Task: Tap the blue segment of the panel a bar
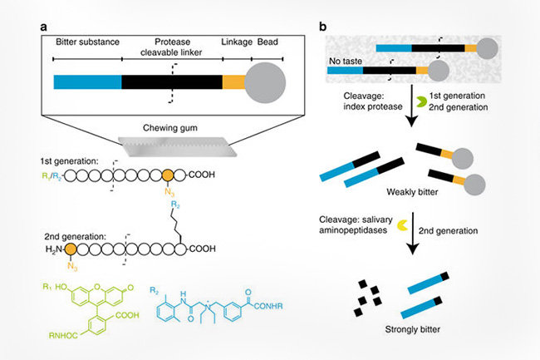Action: click(87, 81)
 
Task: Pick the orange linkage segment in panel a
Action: click(233, 81)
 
